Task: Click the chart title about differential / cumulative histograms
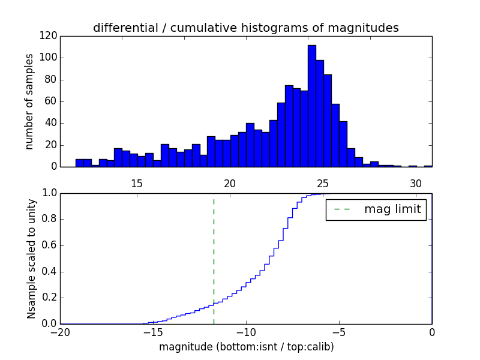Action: coord(246,28)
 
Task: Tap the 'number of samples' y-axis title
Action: coord(29,101)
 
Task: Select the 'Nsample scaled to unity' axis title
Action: coord(31,259)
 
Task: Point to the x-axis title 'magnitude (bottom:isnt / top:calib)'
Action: coord(246,347)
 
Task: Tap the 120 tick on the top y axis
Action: coord(49,36)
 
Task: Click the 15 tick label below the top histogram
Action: coord(136,183)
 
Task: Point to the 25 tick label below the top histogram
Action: coord(323,183)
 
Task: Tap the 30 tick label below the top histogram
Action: coord(416,183)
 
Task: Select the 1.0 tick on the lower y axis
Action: coord(49,193)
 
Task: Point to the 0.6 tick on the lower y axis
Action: coord(49,245)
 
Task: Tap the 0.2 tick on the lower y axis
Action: coord(49,298)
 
